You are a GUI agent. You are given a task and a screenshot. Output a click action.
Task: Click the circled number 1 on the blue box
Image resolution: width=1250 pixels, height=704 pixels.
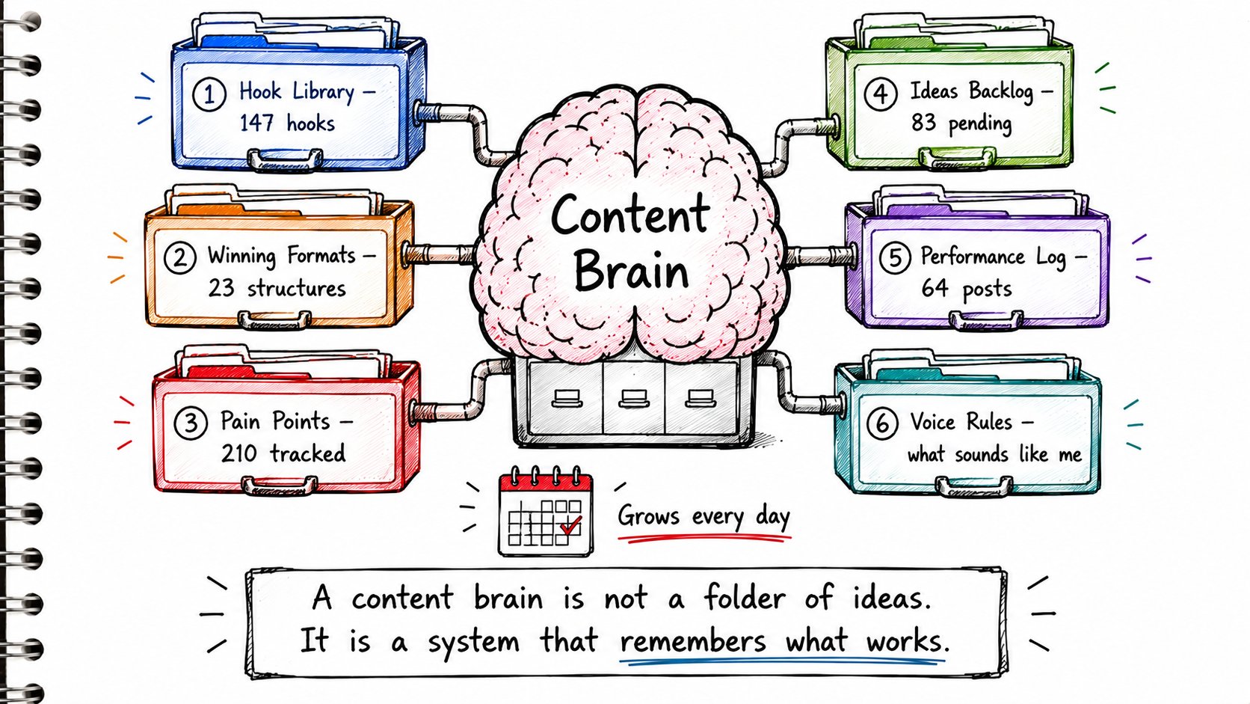(x=209, y=94)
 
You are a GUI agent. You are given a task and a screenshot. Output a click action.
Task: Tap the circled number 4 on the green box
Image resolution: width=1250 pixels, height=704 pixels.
(x=881, y=94)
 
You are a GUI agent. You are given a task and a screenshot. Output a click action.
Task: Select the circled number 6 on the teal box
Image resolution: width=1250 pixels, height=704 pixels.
(x=882, y=423)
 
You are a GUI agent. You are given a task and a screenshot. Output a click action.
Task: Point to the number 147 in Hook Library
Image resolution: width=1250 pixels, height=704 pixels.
(x=256, y=123)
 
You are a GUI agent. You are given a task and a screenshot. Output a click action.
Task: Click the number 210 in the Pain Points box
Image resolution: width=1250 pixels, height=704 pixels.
(x=238, y=453)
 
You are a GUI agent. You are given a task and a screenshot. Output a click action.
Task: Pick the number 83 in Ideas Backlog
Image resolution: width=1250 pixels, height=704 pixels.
(x=923, y=122)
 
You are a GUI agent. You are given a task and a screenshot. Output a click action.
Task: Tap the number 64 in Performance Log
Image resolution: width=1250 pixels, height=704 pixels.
(x=935, y=288)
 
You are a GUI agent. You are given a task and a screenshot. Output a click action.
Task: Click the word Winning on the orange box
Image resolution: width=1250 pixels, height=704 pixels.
(x=241, y=257)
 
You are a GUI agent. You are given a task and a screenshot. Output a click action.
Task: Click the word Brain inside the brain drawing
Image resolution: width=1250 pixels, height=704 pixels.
(x=631, y=272)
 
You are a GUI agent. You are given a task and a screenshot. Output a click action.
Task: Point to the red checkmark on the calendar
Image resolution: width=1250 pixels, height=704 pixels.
(x=571, y=525)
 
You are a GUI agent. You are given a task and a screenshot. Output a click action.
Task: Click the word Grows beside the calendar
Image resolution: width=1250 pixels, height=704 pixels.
(x=648, y=516)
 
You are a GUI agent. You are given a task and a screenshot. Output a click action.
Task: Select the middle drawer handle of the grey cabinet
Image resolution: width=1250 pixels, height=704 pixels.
(x=634, y=398)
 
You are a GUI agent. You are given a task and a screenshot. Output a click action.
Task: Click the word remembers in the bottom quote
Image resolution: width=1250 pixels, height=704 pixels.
(x=693, y=641)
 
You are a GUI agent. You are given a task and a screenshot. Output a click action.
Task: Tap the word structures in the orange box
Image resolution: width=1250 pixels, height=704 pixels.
(x=296, y=289)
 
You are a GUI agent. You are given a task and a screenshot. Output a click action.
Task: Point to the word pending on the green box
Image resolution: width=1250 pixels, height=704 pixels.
(x=980, y=123)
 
